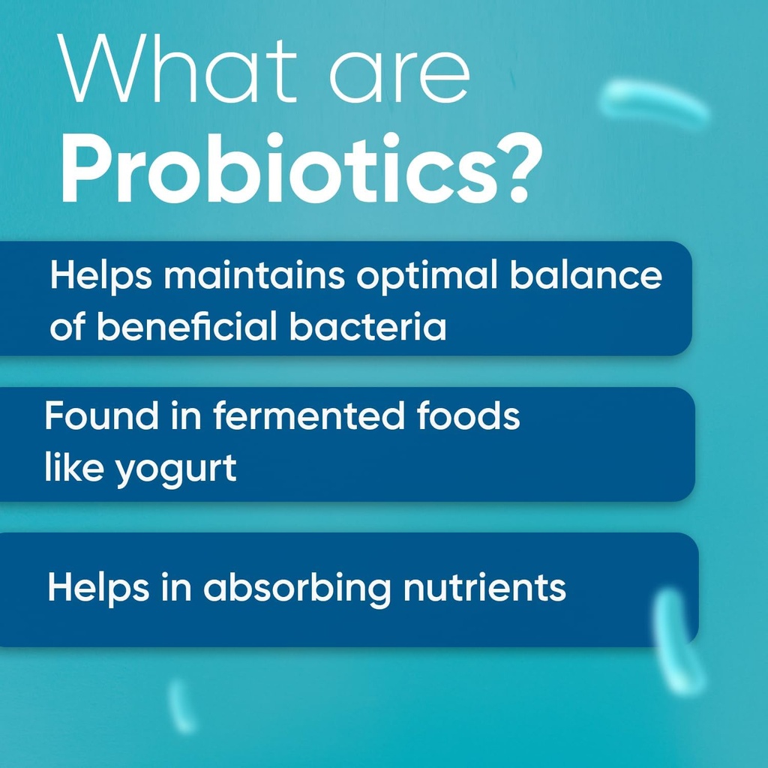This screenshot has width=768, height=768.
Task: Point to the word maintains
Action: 254,277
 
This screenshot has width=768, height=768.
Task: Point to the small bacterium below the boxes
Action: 181,705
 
